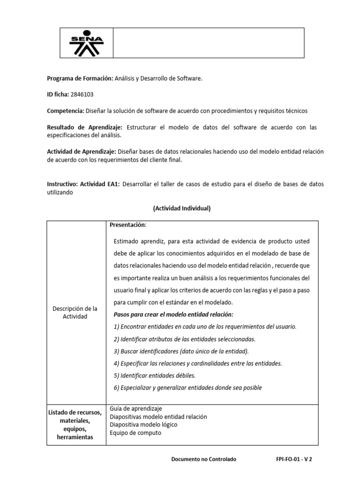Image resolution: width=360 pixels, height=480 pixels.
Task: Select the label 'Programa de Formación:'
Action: [80, 78]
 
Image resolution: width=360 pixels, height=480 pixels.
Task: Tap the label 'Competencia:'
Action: [65, 111]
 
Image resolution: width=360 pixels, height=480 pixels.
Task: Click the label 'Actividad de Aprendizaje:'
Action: [82, 151]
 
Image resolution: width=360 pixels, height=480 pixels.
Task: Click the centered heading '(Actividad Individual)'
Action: [182, 209]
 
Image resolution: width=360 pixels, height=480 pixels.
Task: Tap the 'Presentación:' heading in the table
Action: [128, 225]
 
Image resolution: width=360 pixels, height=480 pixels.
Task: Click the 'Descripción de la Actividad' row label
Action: [75, 313]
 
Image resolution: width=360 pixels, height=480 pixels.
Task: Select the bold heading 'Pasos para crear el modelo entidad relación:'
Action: [173, 314]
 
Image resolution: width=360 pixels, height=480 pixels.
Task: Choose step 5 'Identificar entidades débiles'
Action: [155, 375]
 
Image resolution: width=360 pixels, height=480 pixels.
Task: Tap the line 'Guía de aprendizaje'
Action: [136, 409]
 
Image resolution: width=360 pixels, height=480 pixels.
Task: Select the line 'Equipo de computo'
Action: [135, 433]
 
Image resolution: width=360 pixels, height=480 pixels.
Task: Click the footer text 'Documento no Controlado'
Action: [204, 459]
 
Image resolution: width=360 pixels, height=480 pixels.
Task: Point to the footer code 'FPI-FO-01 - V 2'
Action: [294, 459]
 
